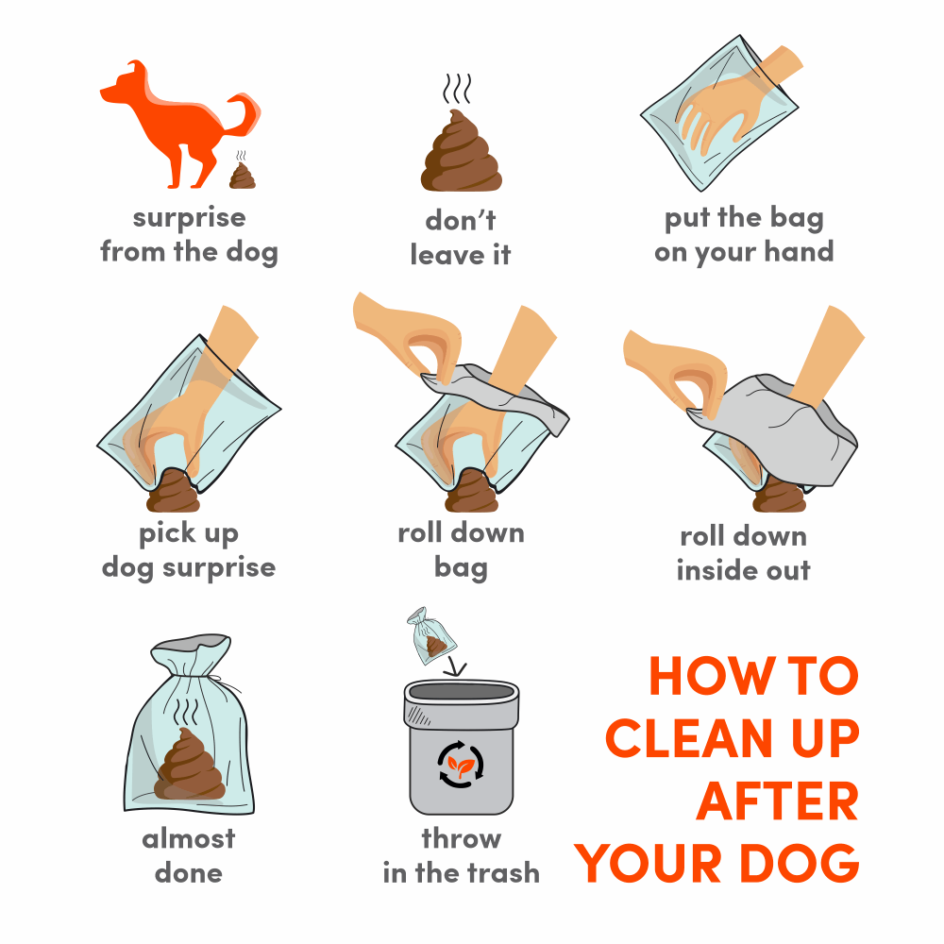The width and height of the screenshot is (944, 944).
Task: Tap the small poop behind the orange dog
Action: coord(243,176)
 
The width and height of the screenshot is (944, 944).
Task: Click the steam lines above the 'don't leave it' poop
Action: coord(457,89)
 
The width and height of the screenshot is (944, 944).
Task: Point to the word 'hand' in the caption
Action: coord(799,251)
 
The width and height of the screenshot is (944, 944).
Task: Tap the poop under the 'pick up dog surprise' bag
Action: coord(174,491)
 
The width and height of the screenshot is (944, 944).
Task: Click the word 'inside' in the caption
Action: coord(713,569)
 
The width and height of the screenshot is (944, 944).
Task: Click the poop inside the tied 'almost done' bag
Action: coord(190,765)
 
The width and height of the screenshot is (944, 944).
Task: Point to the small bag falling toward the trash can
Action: coord(431,635)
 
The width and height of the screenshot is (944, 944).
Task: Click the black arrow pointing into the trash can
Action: coord(455,666)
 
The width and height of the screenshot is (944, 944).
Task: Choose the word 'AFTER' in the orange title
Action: coord(777,801)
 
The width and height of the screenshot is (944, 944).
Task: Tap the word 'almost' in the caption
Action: coord(189,838)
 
